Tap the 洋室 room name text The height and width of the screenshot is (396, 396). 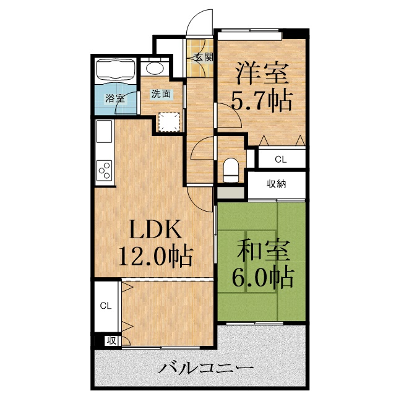tap(260, 74)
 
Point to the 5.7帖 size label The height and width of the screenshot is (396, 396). tap(260, 100)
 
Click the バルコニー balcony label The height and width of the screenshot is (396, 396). tap(205, 368)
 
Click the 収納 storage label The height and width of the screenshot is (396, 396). tap(277, 184)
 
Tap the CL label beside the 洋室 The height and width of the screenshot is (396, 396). tap(281, 159)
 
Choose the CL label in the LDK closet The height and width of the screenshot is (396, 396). tap(105, 306)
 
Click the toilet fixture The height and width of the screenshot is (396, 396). tap(230, 168)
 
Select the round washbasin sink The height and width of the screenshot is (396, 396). tap(153, 69)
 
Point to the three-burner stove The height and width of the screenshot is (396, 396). tap(104, 170)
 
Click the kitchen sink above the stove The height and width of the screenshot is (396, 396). tap(103, 133)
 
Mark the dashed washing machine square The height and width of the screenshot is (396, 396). tap(168, 122)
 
